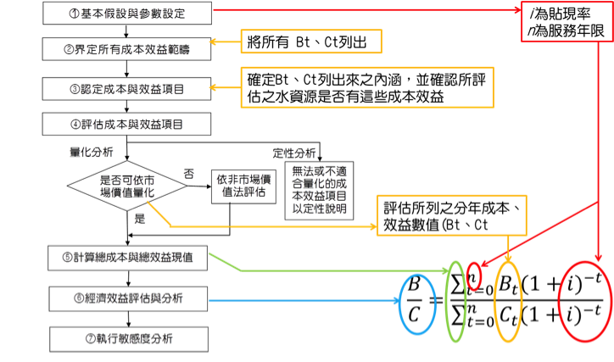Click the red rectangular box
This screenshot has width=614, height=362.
pyautogui.click(x=567, y=21)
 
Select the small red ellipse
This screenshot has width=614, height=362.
pyautogui.click(x=474, y=276)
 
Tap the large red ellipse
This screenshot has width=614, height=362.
pyautogui.click(x=585, y=301)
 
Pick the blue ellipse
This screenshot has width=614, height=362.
pyautogui.click(x=417, y=303)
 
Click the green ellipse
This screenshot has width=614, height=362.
pyautogui.click(x=455, y=302)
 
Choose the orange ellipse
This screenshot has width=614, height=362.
pyautogui.click(x=507, y=301)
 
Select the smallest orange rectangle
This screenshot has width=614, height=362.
pyautogui.click(x=311, y=42)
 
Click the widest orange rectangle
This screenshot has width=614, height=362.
pyautogui.click(x=367, y=87)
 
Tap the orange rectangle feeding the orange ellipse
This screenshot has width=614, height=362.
pyautogui.click(x=452, y=215)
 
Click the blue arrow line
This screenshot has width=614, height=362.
pyautogui.click(x=305, y=301)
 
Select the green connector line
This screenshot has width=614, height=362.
pyautogui.click(x=339, y=270)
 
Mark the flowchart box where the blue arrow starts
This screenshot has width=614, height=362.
pyautogui.click(x=127, y=298)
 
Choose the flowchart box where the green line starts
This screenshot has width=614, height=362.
pyautogui.click(x=127, y=257)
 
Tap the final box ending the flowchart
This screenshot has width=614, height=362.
pyautogui.click(x=127, y=340)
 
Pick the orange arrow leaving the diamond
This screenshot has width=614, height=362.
pyautogui.click(x=271, y=226)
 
